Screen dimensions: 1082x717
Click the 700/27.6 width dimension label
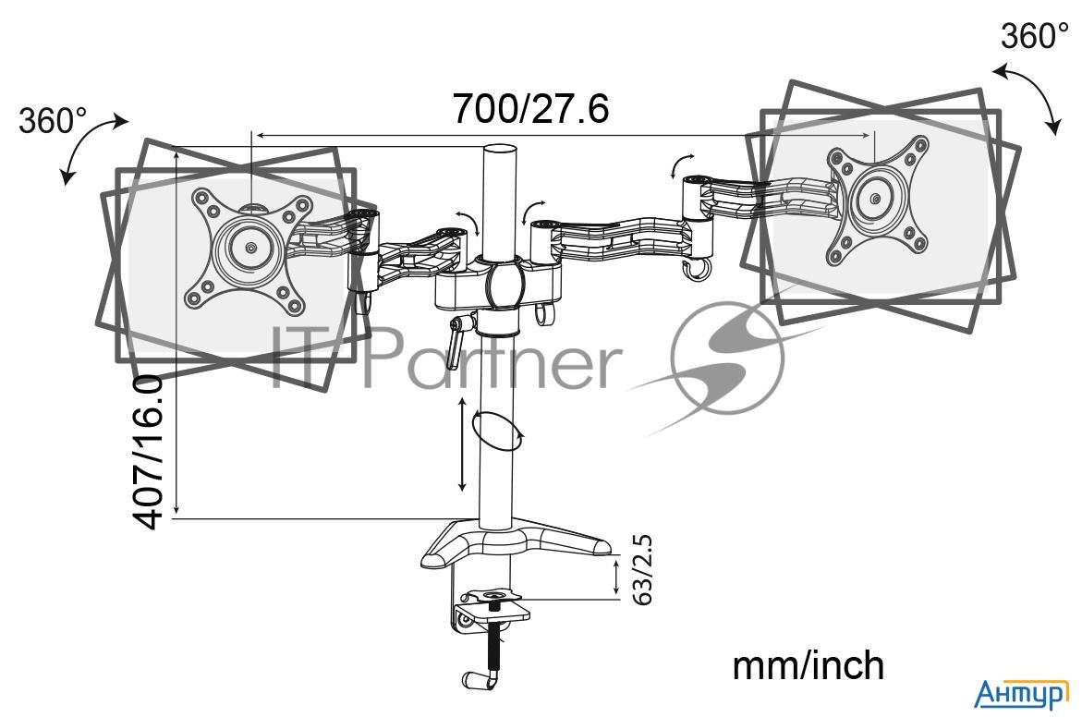[x=530, y=108]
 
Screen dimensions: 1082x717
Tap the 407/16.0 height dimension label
[x=149, y=452]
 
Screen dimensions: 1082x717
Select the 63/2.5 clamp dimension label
[x=642, y=570]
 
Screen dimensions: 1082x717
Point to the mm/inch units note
[x=808, y=666]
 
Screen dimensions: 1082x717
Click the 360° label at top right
[x=1034, y=36]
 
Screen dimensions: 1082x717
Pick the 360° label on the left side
[x=53, y=121]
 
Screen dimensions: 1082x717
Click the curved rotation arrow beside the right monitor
[x=1028, y=97]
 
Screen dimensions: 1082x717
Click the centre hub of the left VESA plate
[x=249, y=247]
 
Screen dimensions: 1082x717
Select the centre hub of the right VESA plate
[x=876, y=200]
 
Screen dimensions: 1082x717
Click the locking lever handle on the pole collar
[x=456, y=343]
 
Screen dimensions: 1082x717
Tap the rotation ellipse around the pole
[x=494, y=431]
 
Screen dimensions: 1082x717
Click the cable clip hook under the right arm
[x=696, y=270]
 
